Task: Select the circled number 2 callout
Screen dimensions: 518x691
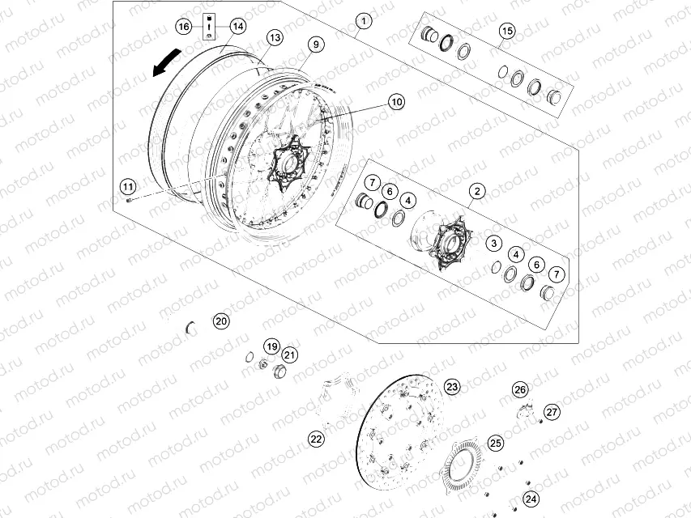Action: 476,191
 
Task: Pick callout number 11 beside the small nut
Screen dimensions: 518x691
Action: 128,181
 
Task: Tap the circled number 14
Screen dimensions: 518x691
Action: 237,27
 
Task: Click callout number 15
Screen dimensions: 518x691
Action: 506,31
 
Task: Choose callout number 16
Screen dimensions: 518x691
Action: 184,27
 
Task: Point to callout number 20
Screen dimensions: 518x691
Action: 221,321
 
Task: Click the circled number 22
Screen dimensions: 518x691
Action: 316,439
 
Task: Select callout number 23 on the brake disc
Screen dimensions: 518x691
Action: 452,386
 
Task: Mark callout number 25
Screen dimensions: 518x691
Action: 495,443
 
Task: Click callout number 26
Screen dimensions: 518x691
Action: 520,389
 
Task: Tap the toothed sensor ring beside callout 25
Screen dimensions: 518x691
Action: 463,469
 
